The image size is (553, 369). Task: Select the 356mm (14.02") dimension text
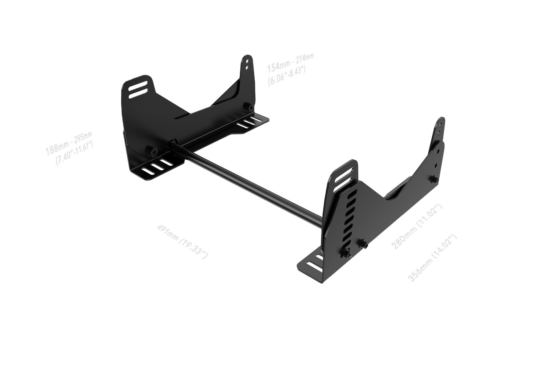pyautogui.click(x=432, y=257)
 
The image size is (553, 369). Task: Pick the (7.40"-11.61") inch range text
pyautogui.click(x=75, y=153)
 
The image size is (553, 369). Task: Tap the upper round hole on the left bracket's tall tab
pyautogui.click(x=247, y=61)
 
